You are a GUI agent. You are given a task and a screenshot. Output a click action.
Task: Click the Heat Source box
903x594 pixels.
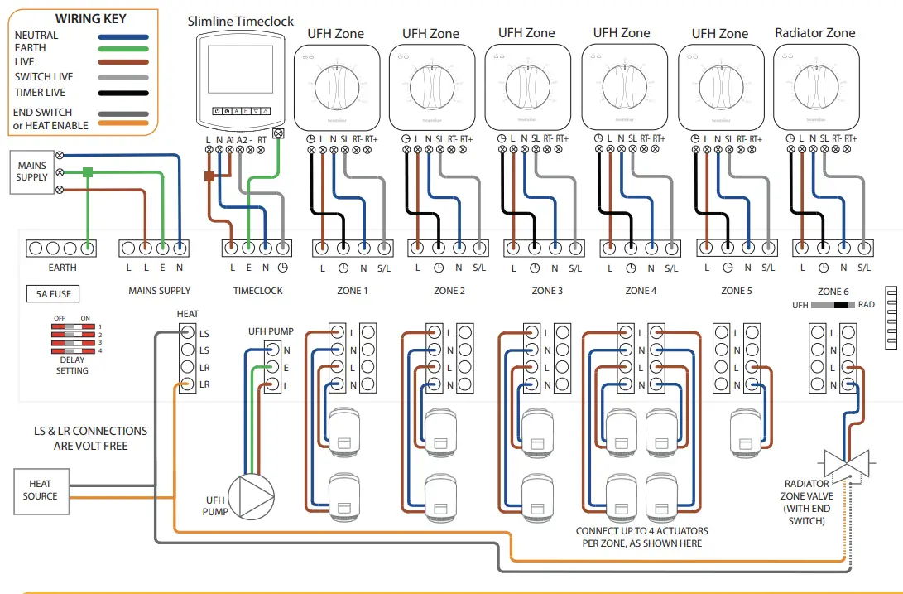[x=41, y=490]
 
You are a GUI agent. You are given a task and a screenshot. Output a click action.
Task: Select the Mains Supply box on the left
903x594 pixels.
[x=32, y=171]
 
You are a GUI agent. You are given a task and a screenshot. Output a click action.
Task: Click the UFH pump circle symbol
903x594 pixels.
[x=251, y=494]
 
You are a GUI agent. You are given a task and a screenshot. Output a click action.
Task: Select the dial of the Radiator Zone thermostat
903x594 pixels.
[x=815, y=86]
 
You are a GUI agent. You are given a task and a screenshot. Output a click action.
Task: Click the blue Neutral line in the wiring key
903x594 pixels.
[x=122, y=36]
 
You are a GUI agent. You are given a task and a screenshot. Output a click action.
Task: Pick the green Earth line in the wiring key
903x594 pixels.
[x=122, y=48]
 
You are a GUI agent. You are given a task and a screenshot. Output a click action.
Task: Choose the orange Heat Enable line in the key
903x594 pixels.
[x=122, y=125]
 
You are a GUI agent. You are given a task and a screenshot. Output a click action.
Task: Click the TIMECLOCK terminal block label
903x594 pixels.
[x=258, y=291]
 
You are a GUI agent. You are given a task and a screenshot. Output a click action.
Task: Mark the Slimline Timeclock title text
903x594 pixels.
[x=240, y=22]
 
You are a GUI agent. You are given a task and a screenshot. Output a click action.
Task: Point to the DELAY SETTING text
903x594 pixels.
[x=72, y=365]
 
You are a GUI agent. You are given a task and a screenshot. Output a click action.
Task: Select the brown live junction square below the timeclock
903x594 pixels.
[x=209, y=176]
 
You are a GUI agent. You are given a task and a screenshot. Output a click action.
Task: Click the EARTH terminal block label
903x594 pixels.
[x=62, y=268]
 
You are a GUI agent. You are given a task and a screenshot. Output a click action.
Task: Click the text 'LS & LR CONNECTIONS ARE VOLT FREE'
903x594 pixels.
[x=90, y=438]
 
